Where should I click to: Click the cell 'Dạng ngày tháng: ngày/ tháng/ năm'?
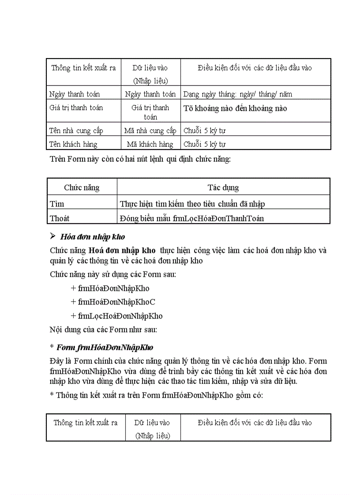237,94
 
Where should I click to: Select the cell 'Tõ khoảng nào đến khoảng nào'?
235,108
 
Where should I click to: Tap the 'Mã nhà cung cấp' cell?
150,130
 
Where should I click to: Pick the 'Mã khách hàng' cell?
150,144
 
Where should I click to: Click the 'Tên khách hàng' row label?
74,144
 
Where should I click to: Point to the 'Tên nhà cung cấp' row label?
76,130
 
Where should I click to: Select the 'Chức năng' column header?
82,187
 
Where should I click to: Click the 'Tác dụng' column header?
223,187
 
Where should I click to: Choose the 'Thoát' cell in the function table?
60,218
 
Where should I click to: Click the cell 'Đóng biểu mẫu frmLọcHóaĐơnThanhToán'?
192,218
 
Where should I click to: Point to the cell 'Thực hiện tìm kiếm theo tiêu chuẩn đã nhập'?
192,204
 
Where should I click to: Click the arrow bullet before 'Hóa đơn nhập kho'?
53,236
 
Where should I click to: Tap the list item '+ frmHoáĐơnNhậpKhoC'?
113,302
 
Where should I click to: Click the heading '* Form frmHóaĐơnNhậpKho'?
102,347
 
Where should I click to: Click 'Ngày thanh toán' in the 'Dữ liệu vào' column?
150,94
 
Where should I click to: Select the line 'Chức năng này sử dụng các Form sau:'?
113,275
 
